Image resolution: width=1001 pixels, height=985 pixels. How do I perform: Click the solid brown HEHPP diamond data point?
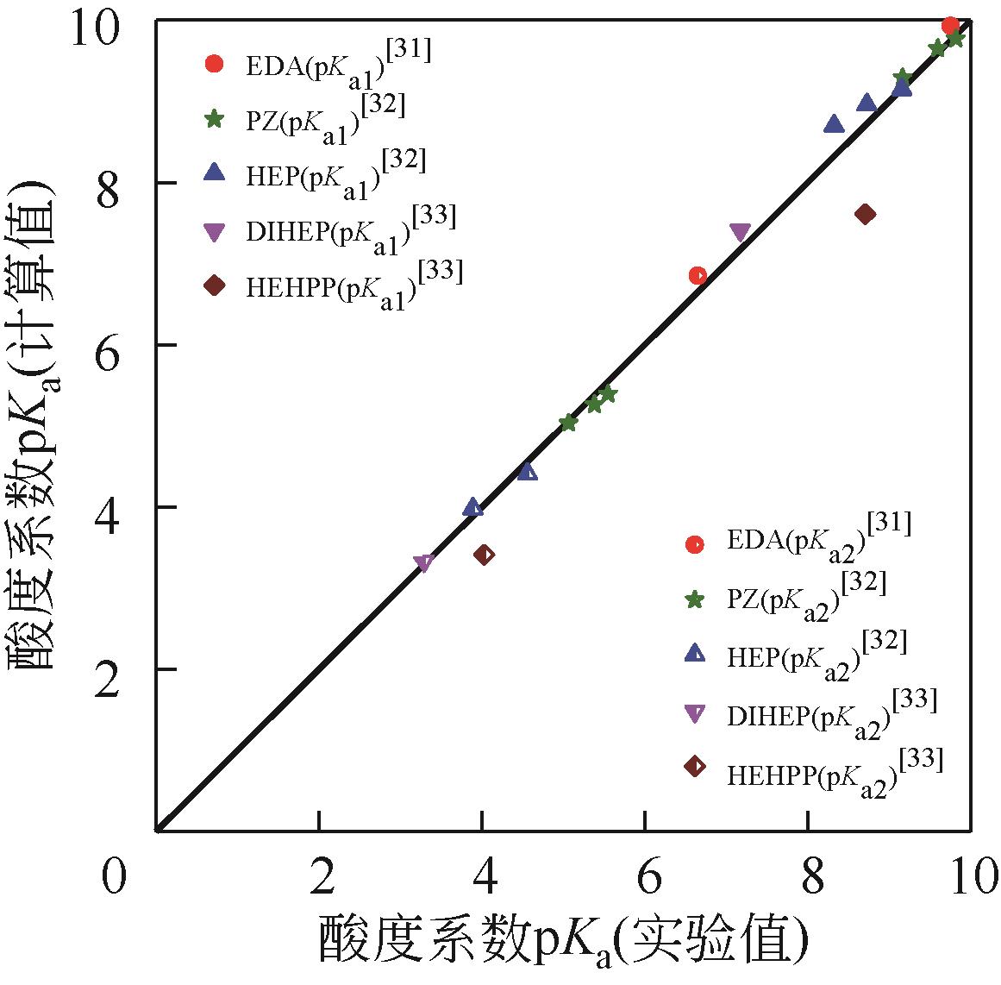click(866, 214)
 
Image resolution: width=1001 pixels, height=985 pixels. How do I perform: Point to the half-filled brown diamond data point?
click(485, 554)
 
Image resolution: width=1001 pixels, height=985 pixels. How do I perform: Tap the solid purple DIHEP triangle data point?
click(740, 232)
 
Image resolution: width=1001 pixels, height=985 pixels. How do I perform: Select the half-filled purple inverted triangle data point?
click(422, 563)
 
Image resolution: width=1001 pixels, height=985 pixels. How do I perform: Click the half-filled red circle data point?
click(698, 275)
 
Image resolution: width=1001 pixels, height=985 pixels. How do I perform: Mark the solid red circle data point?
click(950, 25)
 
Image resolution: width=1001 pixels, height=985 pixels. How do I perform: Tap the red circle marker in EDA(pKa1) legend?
click(213, 63)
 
